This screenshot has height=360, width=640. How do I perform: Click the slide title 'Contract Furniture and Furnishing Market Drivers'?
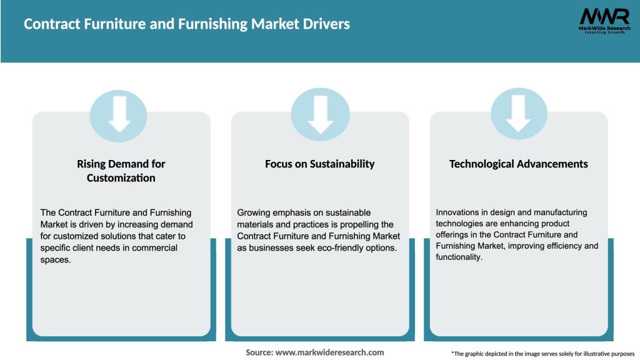187,24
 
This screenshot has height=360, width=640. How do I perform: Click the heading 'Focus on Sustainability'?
320,164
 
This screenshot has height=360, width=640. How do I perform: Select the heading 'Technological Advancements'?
519,164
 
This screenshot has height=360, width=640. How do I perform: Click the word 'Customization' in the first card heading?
121,178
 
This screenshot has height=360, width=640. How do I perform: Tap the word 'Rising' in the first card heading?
92,164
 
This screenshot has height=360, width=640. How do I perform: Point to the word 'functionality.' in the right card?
459,257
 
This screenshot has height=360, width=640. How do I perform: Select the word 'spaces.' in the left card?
56,259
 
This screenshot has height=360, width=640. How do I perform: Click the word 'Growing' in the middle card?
255,212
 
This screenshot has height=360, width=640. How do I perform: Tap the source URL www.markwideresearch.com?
329,352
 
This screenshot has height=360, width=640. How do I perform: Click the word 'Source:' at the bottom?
259,352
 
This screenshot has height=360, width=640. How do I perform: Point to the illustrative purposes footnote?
542,354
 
